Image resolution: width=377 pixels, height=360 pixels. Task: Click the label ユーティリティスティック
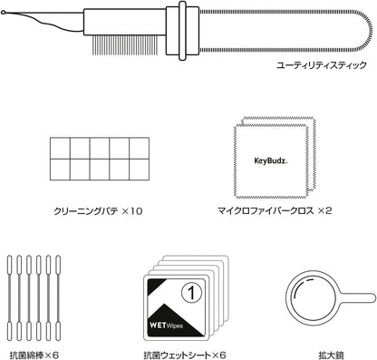pyautogui.click(x=322, y=65)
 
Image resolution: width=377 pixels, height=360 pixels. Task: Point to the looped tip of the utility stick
pyautogui.click(x=3, y=13)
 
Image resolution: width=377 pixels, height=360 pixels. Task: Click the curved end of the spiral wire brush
pyautogui.click(x=368, y=31)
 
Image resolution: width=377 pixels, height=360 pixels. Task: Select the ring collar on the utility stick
pyautogui.click(x=182, y=31)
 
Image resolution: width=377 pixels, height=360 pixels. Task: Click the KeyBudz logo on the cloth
pyautogui.click(x=271, y=161)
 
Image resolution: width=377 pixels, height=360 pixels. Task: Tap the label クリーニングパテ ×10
pyautogui.click(x=98, y=211)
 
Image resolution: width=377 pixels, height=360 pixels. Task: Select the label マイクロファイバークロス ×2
pyautogui.click(x=275, y=210)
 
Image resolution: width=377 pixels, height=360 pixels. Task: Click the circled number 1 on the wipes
pyautogui.click(x=191, y=292)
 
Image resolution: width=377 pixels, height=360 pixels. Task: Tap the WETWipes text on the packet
pyautogui.click(x=166, y=326)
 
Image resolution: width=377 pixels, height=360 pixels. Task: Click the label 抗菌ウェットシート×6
pyautogui.click(x=185, y=355)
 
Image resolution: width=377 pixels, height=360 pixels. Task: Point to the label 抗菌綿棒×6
pyautogui.click(x=34, y=355)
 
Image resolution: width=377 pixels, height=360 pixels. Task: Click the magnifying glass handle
pyautogui.click(x=356, y=297)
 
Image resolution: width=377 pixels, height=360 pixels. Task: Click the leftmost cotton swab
pyautogui.click(x=9, y=298)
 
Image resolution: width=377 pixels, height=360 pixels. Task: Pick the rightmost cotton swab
pyautogui.click(x=58, y=298)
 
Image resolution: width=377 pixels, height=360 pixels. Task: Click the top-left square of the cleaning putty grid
pyautogui.click(x=60, y=148)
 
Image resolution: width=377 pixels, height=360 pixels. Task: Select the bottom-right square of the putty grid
pyautogui.click(x=140, y=170)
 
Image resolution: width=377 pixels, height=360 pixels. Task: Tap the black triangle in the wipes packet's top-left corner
pyautogui.click(x=155, y=286)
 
